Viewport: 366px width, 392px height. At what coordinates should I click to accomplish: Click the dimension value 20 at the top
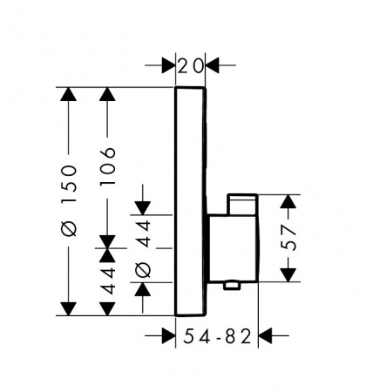[190, 65]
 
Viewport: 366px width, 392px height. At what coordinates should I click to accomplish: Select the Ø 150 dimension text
[70, 201]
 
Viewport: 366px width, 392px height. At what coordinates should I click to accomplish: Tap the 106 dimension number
[107, 166]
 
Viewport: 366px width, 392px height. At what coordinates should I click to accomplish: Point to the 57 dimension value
[288, 239]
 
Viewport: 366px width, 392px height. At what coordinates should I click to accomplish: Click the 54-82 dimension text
[217, 336]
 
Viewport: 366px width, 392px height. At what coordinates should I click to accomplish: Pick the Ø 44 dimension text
[144, 249]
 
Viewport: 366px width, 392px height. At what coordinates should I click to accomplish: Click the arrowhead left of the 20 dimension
[168, 65]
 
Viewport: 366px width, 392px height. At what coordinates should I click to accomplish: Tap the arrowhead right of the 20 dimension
[212, 65]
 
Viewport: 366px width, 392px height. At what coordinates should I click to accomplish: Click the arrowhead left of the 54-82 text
[168, 336]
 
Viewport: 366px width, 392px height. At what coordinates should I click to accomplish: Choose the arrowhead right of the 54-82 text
[265, 336]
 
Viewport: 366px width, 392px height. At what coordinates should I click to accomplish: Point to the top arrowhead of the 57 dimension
[288, 201]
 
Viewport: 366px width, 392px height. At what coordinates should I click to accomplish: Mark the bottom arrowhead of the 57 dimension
[288, 275]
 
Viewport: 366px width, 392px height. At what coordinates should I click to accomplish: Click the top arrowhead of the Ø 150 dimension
[69, 94]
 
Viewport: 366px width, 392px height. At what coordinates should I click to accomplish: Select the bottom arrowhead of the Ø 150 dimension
[69, 308]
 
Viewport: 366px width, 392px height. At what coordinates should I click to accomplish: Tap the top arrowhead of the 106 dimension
[107, 94]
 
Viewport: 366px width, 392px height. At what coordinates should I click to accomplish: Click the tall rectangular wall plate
[191, 201]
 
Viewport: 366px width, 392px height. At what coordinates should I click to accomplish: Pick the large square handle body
[234, 248]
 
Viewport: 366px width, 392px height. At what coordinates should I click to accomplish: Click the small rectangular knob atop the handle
[242, 205]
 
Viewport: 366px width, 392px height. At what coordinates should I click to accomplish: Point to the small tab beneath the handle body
[232, 286]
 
